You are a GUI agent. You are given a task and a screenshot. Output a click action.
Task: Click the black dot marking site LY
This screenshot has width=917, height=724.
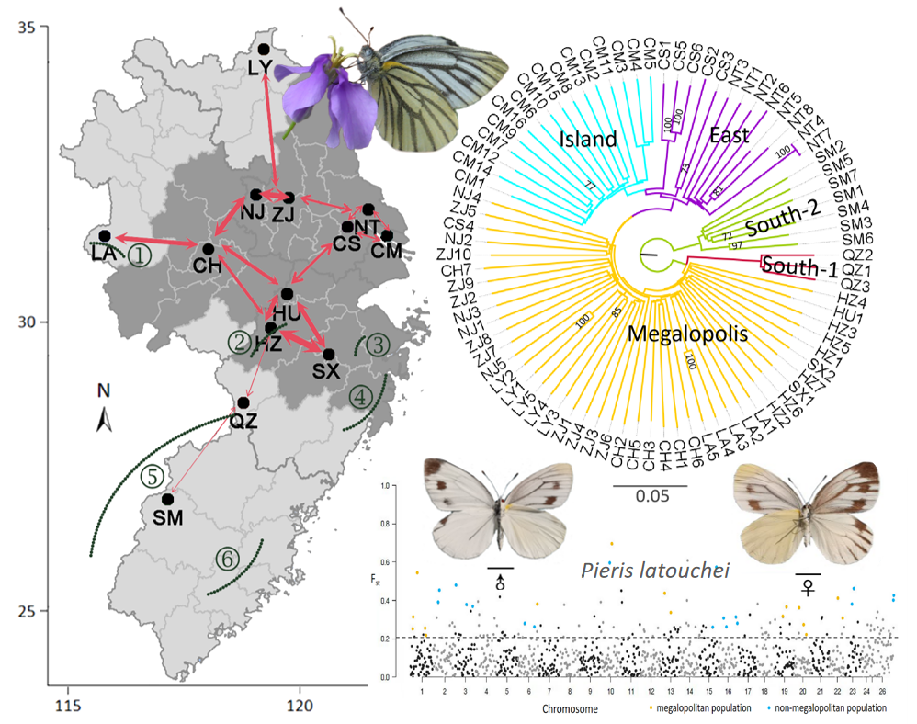pos(264,49)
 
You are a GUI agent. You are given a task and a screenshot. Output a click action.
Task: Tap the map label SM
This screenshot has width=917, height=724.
pos(168,517)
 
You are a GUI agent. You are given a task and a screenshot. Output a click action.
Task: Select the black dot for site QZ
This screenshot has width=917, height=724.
pos(243,402)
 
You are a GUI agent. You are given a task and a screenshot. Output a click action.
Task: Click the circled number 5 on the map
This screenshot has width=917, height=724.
pos(152,477)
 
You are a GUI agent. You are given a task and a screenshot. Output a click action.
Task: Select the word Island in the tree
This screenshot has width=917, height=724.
pos(590,139)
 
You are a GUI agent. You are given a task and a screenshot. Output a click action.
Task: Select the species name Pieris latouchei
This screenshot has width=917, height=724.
pos(655,571)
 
